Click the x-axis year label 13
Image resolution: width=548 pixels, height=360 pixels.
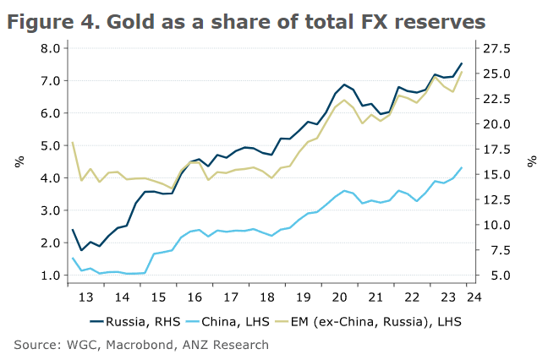85,297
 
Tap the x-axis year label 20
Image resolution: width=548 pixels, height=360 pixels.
340,297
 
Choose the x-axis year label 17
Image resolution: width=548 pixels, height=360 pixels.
231,297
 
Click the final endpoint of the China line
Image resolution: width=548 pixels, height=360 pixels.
461,167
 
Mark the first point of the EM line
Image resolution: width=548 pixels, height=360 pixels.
73,143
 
